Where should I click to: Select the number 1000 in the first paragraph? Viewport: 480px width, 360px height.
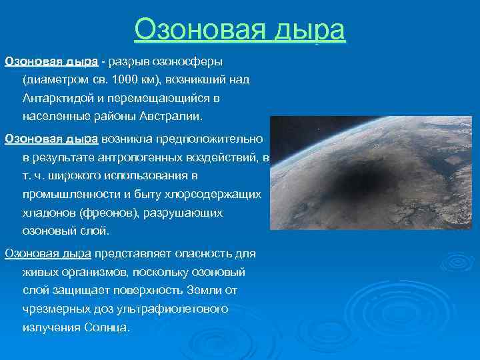125,80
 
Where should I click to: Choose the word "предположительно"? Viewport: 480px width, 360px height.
211,139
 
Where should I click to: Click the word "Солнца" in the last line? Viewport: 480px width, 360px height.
107,327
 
